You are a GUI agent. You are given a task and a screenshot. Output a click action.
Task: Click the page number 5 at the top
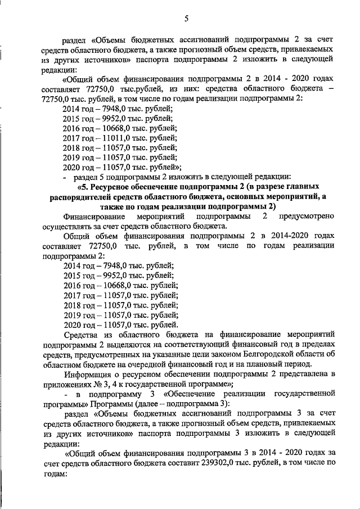pyautogui.click(x=186, y=20)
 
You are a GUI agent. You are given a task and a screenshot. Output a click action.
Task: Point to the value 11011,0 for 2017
pyautogui.click(x=115, y=138)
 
